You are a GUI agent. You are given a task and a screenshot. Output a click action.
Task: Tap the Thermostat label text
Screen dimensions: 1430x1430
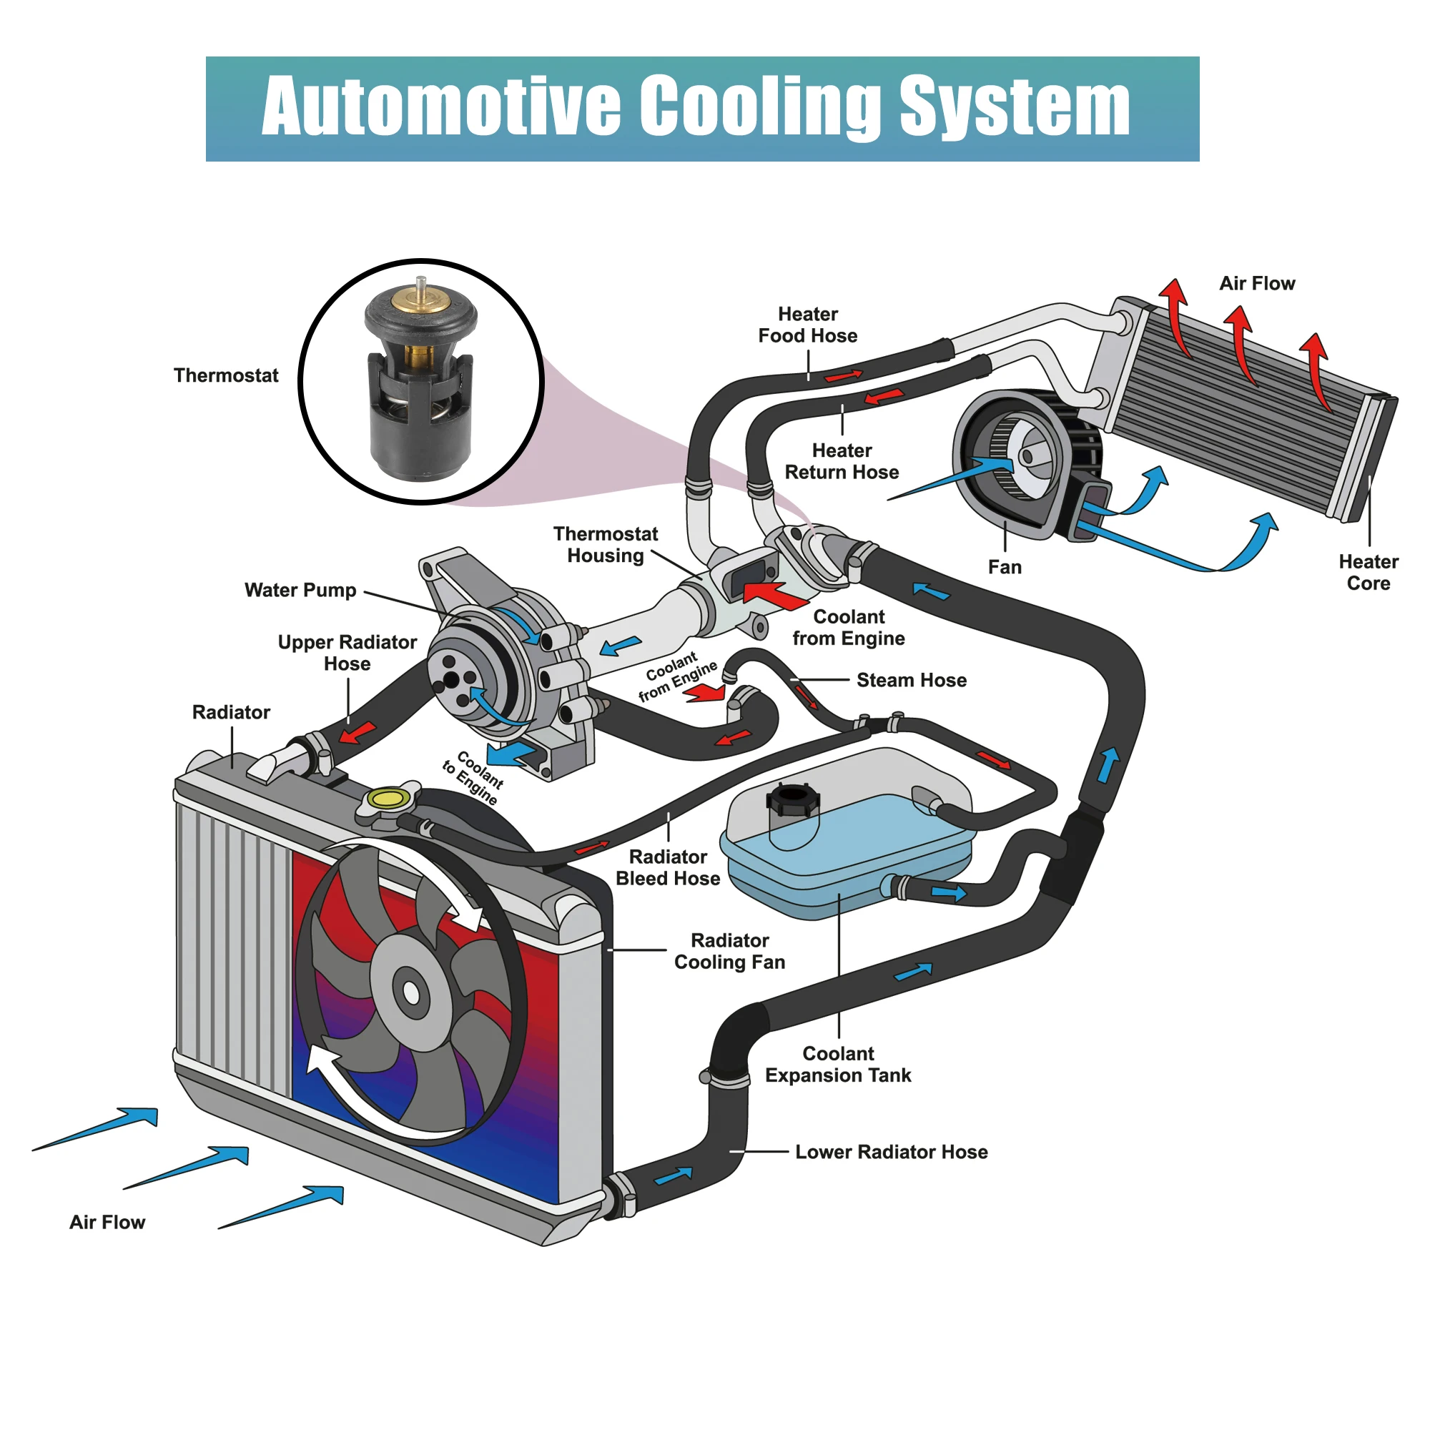click(226, 375)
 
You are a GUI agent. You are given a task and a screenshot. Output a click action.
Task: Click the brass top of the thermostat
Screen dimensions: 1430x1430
click(420, 299)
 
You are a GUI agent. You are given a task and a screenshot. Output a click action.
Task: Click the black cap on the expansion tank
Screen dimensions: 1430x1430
click(794, 799)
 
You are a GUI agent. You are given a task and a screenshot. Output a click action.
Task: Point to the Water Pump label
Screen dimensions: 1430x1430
click(300, 590)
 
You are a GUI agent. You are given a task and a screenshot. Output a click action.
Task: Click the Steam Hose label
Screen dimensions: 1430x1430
click(911, 680)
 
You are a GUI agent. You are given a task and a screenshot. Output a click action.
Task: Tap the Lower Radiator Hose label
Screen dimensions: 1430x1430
click(891, 1152)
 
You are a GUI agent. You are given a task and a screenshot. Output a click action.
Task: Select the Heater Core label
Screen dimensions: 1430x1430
click(1368, 572)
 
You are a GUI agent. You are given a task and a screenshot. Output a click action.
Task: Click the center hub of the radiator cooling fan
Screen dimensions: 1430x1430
click(411, 993)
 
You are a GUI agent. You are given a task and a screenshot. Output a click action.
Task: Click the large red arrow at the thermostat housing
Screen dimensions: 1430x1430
click(774, 595)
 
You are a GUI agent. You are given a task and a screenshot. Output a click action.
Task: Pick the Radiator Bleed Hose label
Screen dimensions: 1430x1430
click(668, 867)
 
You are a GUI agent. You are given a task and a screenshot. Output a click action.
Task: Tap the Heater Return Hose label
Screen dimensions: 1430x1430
click(842, 461)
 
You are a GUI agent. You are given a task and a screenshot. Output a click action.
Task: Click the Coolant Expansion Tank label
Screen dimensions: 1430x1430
click(838, 1065)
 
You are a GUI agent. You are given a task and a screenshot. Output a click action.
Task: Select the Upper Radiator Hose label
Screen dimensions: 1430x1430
click(347, 653)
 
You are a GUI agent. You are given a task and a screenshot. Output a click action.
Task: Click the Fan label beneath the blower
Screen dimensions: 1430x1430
click(1005, 568)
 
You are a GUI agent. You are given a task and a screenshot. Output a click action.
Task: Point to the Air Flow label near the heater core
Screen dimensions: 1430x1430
click(1257, 283)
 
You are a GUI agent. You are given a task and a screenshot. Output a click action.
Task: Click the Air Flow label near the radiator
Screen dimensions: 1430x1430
click(107, 1222)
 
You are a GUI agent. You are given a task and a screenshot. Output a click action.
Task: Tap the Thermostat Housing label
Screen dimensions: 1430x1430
click(606, 545)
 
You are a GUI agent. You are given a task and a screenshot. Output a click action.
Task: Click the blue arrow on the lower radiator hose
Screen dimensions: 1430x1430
click(674, 1175)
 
